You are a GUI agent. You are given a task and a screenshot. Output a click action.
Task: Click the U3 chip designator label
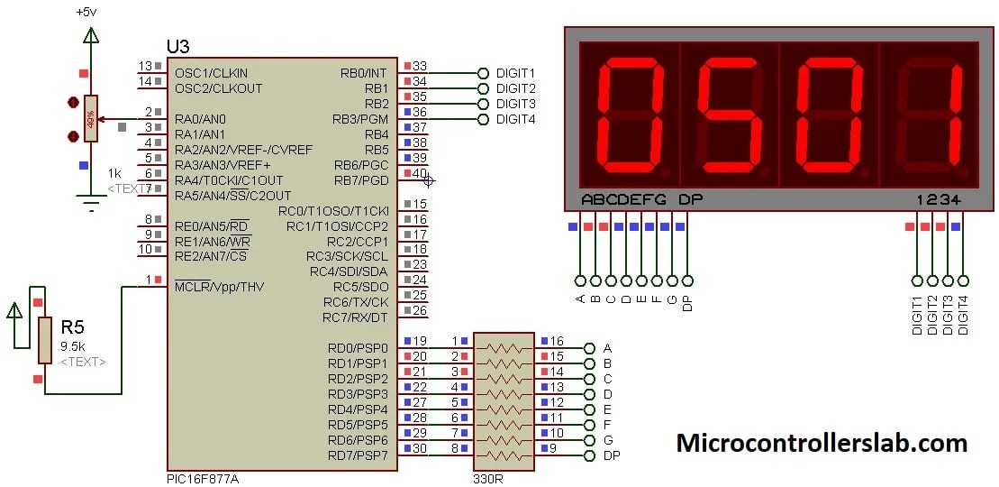pos(178,47)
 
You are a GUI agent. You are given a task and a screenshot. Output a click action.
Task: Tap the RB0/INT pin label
pos(364,73)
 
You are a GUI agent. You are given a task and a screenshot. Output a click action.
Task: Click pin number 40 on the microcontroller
pos(420,173)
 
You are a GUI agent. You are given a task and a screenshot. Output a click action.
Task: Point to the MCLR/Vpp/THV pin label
pos(220,286)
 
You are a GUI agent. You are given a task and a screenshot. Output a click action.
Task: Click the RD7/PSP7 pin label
pos(359,455)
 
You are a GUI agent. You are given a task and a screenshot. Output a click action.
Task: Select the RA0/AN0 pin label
pos(200,119)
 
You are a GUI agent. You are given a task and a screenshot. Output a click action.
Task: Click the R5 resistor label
pos(73,326)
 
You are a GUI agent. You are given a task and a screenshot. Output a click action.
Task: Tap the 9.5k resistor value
pos(74,345)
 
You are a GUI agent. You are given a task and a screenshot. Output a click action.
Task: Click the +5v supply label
pos(87,12)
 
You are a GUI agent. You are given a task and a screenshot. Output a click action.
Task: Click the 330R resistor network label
pos(487,478)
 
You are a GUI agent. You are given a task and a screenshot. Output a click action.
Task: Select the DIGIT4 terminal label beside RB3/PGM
pos(515,119)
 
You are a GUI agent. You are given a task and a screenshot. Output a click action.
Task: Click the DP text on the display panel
pos(689,199)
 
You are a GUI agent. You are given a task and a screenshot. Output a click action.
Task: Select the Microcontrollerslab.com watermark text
pos(822,443)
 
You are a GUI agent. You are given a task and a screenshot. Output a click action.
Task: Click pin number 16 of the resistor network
pos(557,342)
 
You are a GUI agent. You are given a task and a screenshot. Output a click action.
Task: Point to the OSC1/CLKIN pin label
pos(211,73)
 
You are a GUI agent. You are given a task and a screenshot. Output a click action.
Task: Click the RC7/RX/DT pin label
pos(355,317)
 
